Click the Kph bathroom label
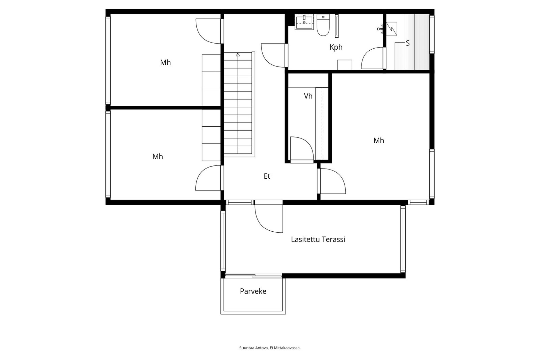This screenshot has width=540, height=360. (336, 47)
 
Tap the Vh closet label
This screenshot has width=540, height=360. (308, 96)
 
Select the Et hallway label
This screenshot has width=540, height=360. (267, 176)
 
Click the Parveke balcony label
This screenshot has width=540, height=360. (253, 291)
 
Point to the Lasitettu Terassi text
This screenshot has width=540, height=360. (318, 239)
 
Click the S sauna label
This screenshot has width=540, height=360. (408, 43)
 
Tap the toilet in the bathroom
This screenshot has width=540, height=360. (323, 25)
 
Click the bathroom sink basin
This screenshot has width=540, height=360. (304, 22)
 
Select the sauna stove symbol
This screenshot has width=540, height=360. (391, 29)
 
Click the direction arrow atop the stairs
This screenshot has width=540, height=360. (238, 54)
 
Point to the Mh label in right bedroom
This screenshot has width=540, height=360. (379, 141)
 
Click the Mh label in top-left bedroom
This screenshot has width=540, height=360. (165, 63)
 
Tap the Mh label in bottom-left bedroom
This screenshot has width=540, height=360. (158, 157)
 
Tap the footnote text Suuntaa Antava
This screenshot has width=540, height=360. (253, 348)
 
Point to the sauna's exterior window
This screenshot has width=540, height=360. (432, 34)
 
